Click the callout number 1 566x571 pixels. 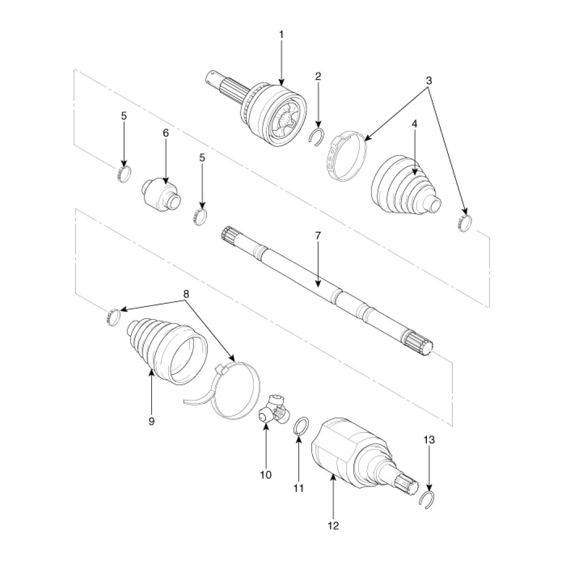pyautogui.click(x=281, y=34)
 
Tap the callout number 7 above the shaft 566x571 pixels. pyautogui.click(x=317, y=235)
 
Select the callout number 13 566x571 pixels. pyautogui.click(x=429, y=440)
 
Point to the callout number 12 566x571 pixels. pyautogui.click(x=334, y=525)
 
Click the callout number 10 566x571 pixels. pyautogui.click(x=266, y=475)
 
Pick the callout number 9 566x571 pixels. pyautogui.click(x=151, y=421)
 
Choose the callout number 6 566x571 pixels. pyautogui.click(x=166, y=133)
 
